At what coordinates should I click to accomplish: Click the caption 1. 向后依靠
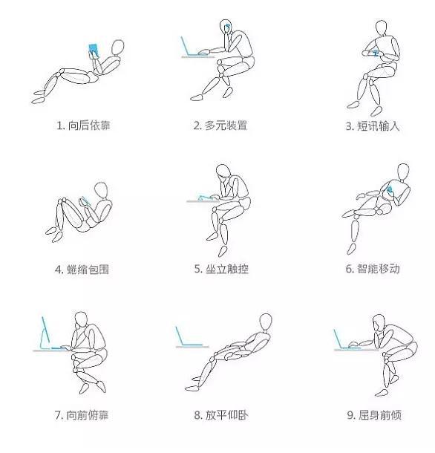tap(83, 126)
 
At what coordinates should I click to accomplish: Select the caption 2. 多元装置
tap(220, 126)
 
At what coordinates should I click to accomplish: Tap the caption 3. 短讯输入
tap(372, 126)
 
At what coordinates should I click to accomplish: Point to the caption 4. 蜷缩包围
tap(82, 269)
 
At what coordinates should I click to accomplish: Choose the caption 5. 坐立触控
tap(220, 269)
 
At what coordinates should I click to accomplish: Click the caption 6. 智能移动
tap(372, 269)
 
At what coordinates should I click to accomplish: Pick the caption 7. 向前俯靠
tap(82, 415)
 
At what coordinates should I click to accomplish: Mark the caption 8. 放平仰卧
tap(220, 415)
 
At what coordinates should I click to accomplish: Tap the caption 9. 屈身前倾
tap(372, 415)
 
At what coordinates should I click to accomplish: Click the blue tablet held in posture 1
tap(93, 50)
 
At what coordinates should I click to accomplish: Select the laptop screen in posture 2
tap(186, 46)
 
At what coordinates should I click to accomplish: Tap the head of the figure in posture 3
tap(382, 28)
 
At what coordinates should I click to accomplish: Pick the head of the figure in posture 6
tap(403, 171)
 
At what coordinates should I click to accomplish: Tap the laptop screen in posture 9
tap(339, 338)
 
